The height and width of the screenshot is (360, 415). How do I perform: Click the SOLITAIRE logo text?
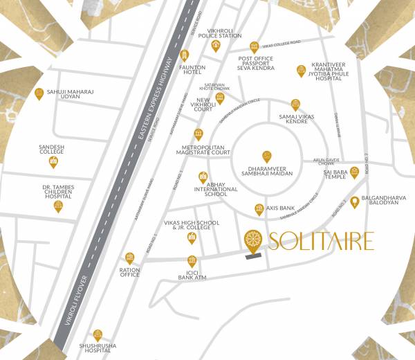(322, 241)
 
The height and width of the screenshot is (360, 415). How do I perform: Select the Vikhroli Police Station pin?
(216, 46)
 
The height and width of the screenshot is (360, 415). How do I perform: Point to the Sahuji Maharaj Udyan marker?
(39, 93)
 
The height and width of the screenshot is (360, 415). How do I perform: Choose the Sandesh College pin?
(53, 162)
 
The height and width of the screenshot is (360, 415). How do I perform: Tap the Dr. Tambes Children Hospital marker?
(57, 206)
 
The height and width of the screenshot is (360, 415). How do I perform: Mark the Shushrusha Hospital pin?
(98, 335)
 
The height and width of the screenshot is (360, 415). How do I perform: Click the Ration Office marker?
(129, 258)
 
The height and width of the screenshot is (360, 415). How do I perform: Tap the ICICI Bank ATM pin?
(192, 261)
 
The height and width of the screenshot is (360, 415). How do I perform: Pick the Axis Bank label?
(279, 207)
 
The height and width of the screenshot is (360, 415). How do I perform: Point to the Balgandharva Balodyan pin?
(355, 202)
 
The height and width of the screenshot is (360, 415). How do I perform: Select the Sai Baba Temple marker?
(354, 172)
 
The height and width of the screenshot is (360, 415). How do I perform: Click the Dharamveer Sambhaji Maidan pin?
(267, 157)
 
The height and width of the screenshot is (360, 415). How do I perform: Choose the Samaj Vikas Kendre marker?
(295, 104)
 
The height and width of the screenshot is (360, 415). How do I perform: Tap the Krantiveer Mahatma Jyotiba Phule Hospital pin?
(301, 70)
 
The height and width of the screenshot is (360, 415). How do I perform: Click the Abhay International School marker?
(203, 177)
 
